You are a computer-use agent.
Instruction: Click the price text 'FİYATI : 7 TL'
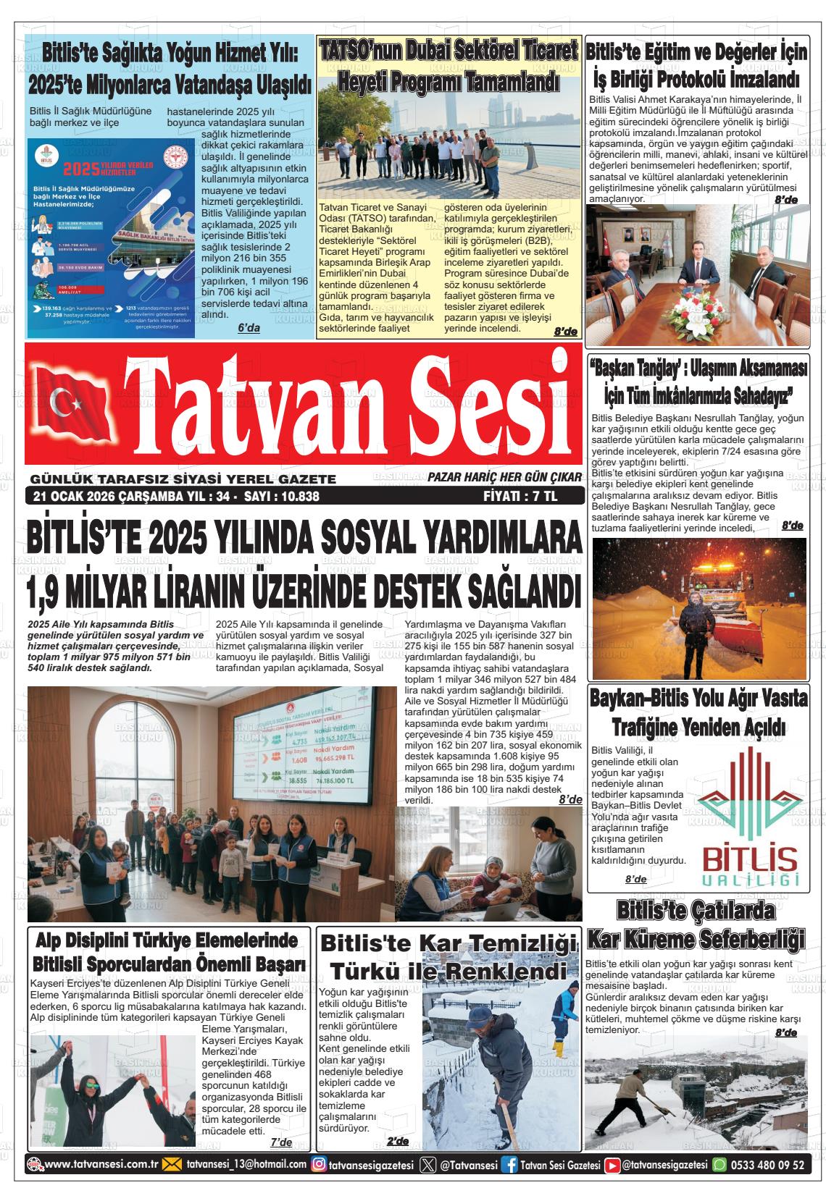point(520,497)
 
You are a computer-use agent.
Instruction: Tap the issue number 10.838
point(294,497)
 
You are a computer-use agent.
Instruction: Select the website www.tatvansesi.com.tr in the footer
point(101,1164)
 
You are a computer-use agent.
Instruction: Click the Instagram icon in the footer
point(318,1165)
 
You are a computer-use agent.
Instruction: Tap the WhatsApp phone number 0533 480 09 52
point(769,1165)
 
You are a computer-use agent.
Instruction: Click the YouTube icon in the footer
point(612,1165)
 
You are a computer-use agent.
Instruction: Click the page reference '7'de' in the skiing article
point(281,1142)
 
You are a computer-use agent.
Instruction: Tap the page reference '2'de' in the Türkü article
point(398,1142)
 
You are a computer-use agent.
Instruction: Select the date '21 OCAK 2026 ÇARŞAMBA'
point(91,497)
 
